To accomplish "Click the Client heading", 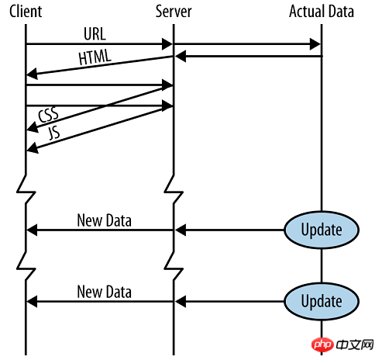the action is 26,12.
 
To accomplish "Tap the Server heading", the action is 174,12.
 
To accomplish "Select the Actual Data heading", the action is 322,12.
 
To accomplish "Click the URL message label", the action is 95,33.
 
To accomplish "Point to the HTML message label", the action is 95,57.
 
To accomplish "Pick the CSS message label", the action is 48,115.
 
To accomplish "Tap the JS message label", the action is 54,133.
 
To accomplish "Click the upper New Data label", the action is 105,220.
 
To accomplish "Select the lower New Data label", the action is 105,292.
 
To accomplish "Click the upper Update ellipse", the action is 322,230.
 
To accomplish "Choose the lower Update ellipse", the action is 322,302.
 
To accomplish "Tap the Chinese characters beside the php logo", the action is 355,344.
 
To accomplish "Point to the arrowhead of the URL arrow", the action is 167,44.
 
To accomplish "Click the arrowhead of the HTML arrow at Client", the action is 32,74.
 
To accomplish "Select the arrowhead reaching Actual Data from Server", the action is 315,44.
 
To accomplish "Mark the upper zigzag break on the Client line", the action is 26,189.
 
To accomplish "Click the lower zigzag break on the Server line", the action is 174,266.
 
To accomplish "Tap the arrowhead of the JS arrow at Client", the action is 33,148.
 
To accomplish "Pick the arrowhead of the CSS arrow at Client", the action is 33,127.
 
